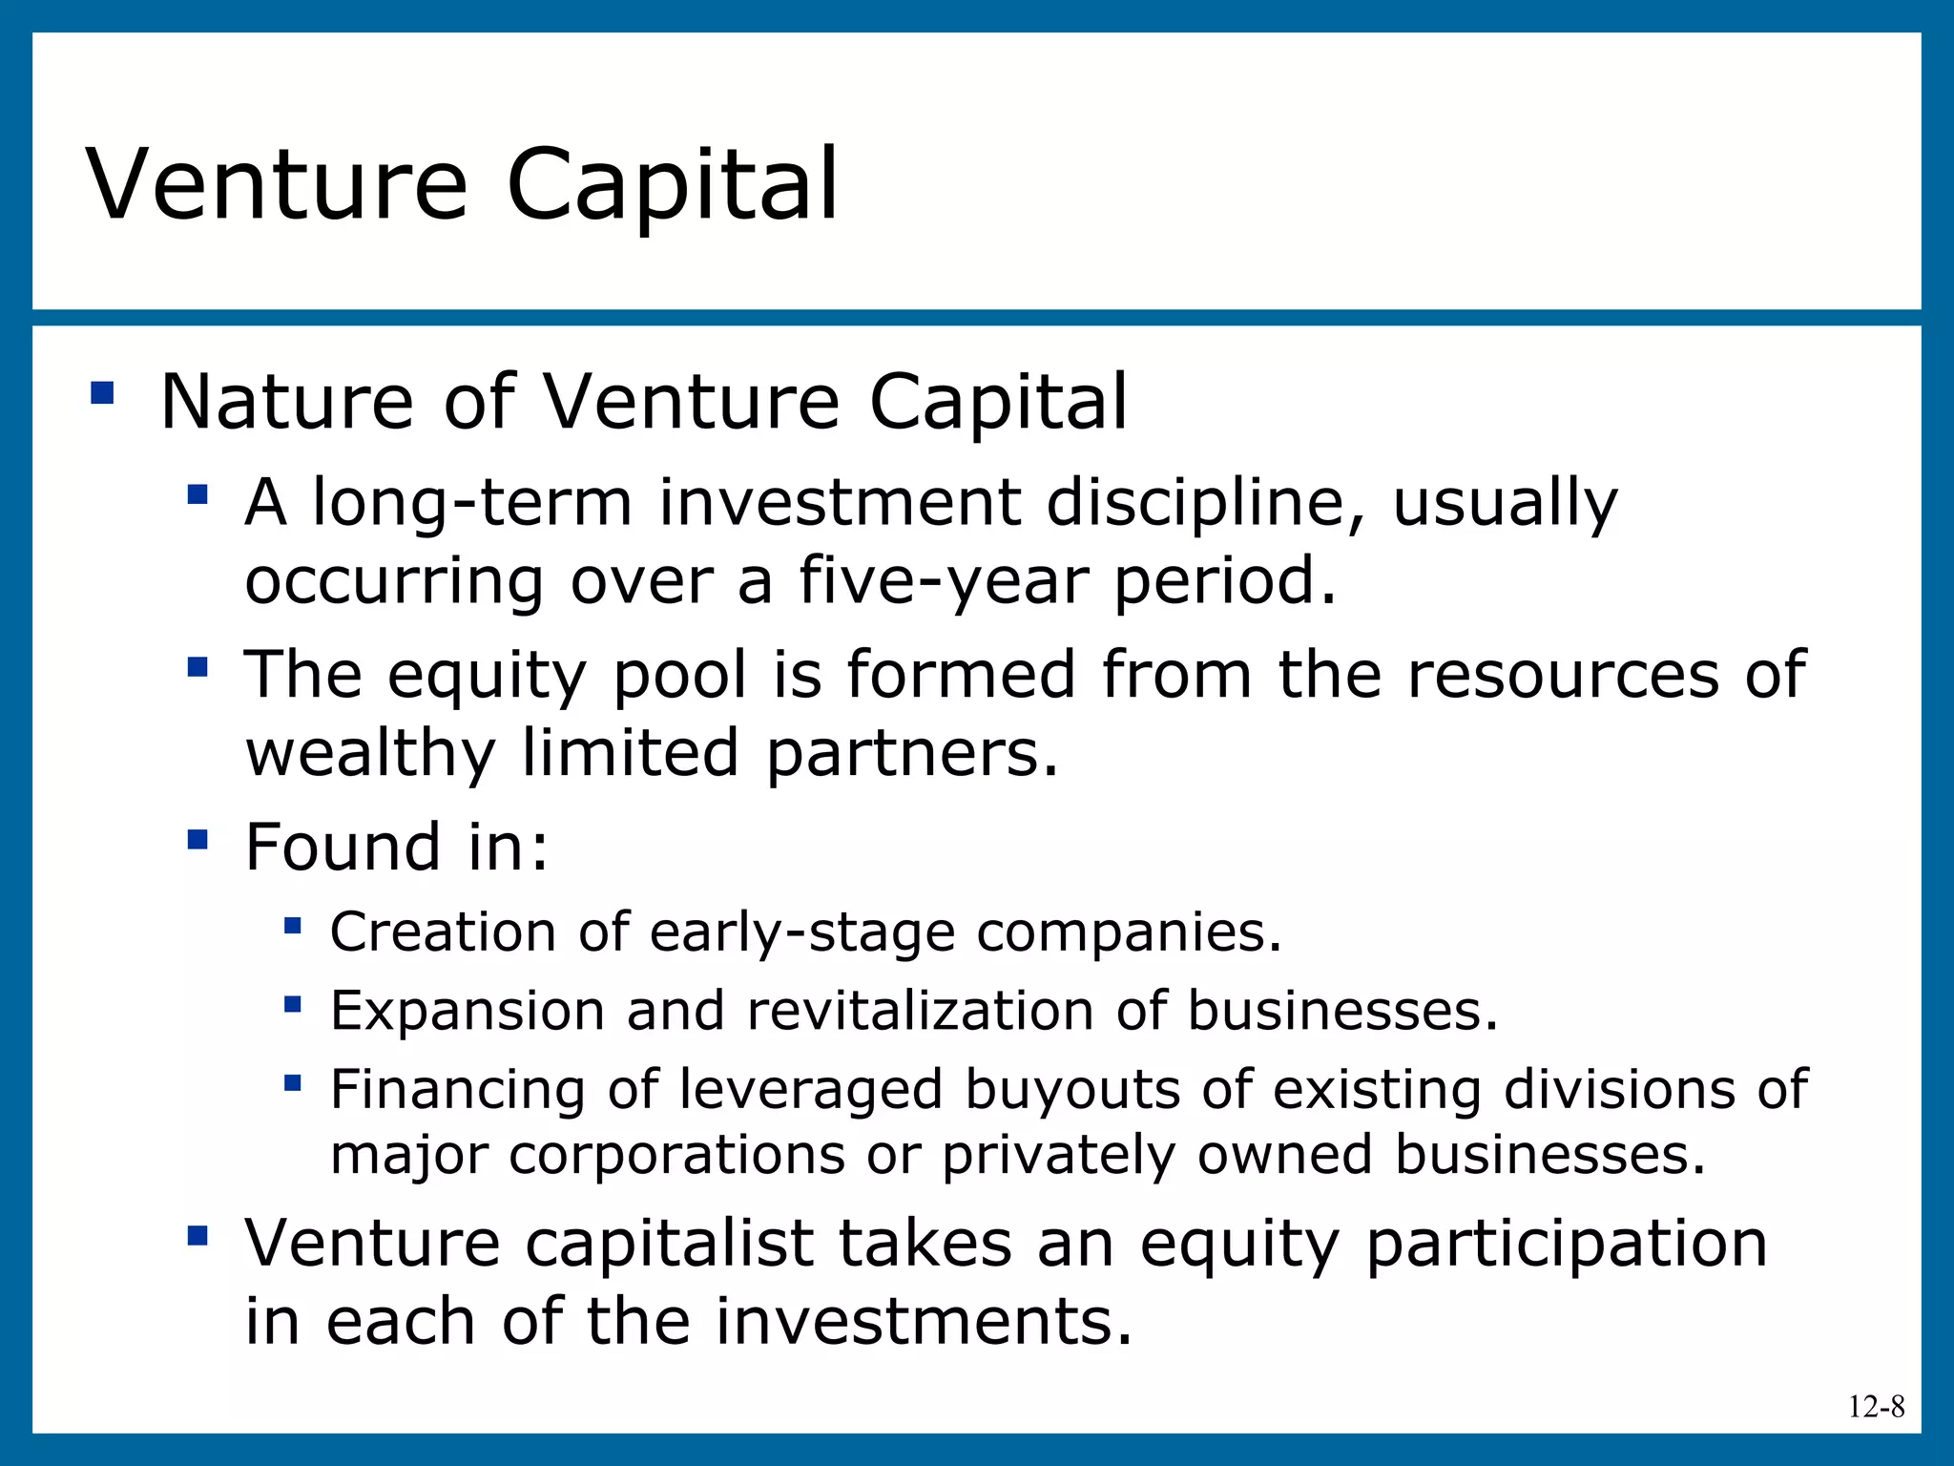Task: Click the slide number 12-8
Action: tap(1876, 1407)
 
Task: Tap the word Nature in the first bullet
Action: tap(286, 402)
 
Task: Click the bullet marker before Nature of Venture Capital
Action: tap(102, 393)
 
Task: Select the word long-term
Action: tap(472, 503)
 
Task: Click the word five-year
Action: tap(943, 580)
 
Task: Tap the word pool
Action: tap(679, 676)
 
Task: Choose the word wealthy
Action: tap(370, 754)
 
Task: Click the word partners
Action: tap(911, 754)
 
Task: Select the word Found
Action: tap(343, 848)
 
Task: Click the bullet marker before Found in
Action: tap(197, 840)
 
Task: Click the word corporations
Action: tap(676, 1155)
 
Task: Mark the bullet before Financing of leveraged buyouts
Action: tap(293, 1083)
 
